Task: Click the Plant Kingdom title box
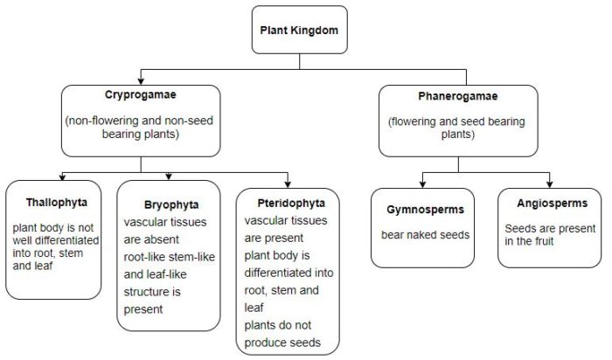[298, 30]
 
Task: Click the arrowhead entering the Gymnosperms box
[423, 183]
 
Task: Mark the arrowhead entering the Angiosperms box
[550, 183]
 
